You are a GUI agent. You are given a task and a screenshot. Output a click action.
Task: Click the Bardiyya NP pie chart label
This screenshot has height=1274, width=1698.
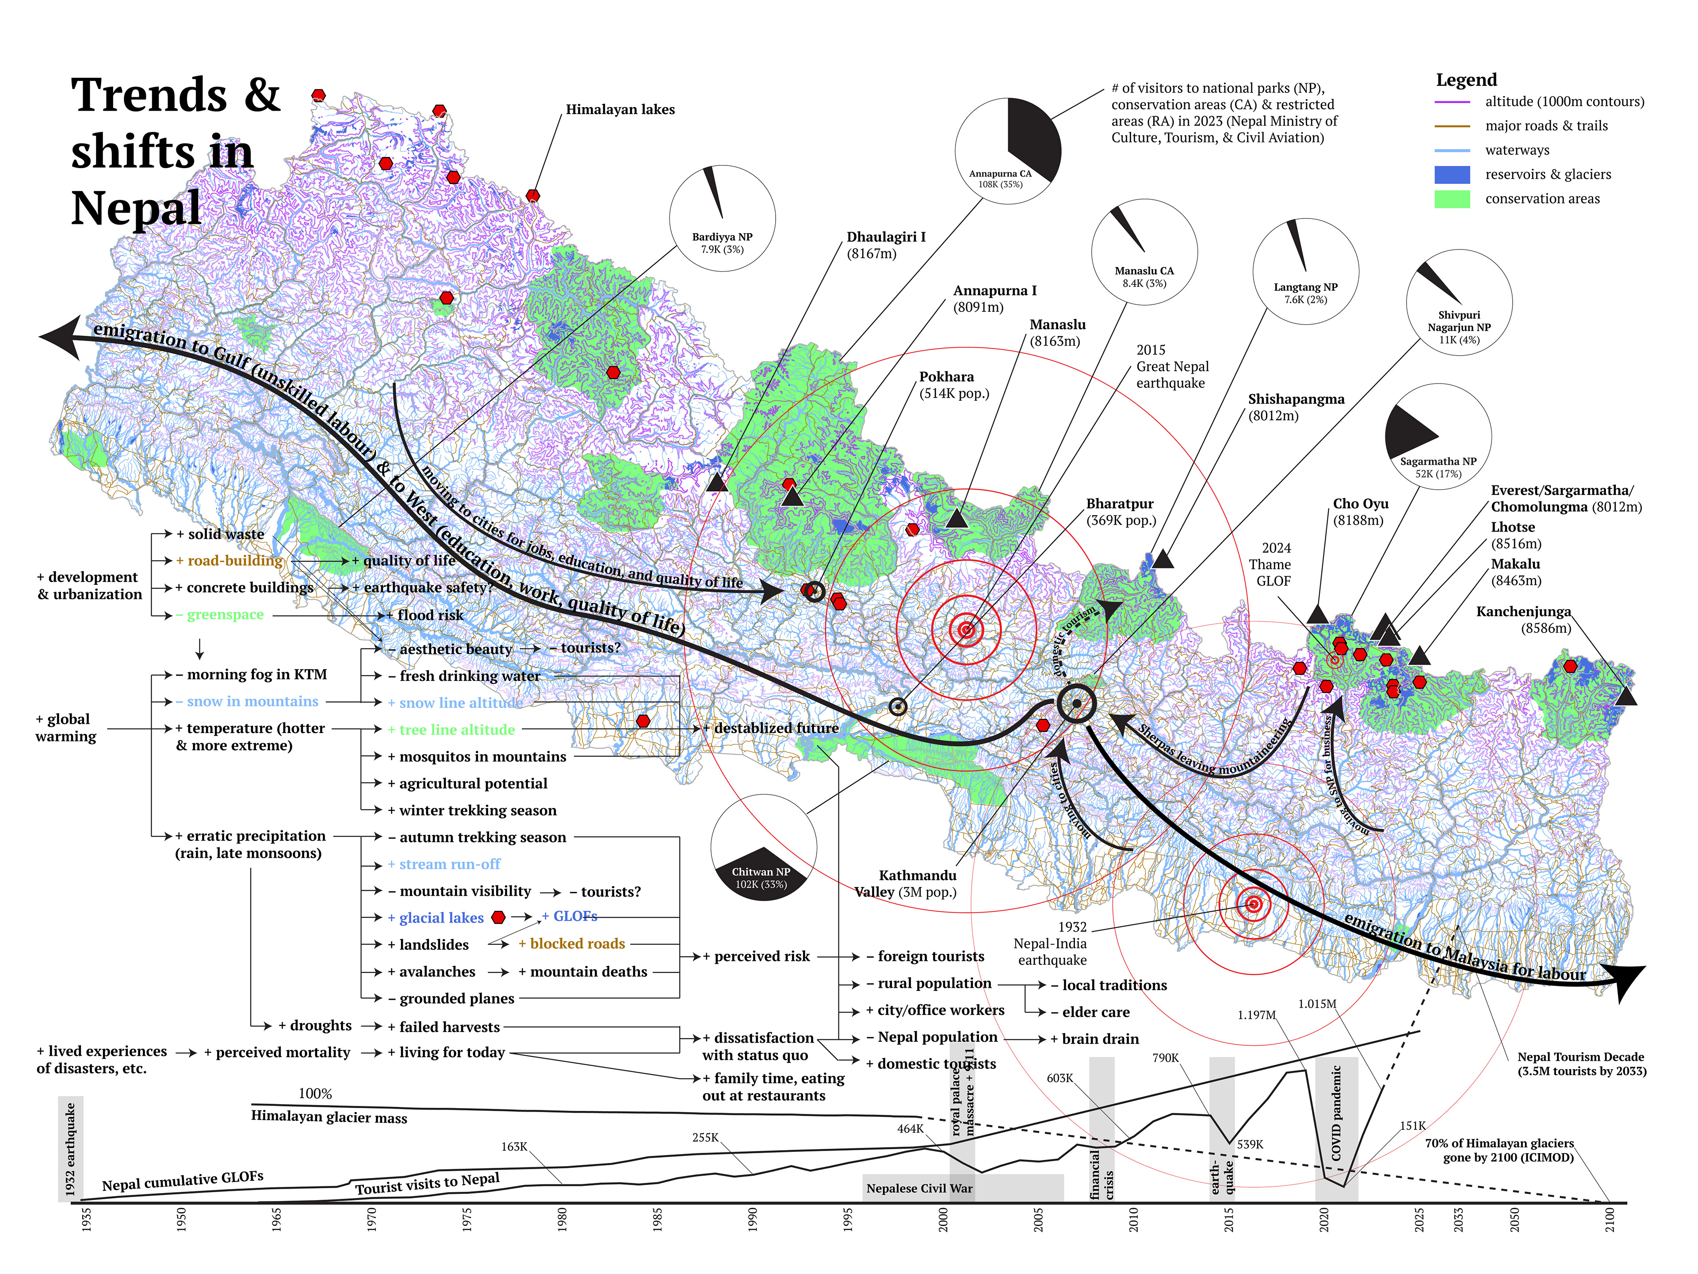click(722, 243)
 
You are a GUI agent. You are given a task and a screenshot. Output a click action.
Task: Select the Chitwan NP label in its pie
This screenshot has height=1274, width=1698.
click(760, 878)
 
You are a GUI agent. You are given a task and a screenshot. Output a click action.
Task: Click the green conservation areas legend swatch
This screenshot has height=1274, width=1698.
click(1452, 199)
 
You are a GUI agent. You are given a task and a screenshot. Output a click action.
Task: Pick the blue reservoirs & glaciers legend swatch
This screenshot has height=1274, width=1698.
click(1452, 174)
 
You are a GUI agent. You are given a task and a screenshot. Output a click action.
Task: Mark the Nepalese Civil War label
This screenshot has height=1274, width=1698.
click(919, 1189)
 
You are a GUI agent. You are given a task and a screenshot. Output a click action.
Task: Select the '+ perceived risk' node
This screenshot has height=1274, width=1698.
click(756, 956)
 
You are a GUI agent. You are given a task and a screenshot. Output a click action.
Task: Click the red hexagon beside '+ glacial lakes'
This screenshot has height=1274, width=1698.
click(498, 917)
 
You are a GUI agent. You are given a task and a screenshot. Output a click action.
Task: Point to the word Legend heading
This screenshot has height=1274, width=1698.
click(1466, 80)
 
